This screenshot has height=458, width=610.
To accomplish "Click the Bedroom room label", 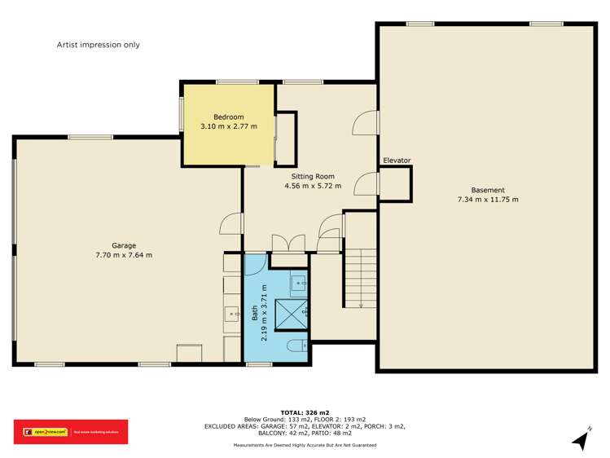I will (229, 117).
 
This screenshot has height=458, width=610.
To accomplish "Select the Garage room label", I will (124, 245).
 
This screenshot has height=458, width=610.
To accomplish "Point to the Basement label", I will (488, 190).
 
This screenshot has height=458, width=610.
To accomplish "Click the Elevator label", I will (397, 161).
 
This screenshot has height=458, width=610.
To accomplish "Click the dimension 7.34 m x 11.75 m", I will (488, 200).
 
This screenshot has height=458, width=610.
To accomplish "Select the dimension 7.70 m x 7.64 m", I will (124, 255).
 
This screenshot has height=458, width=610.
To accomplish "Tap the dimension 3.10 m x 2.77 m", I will (229, 126).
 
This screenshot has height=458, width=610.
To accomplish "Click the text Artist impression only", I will (99, 45).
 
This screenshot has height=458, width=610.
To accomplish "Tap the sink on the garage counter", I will (231, 311).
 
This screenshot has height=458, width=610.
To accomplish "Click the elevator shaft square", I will (396, 183).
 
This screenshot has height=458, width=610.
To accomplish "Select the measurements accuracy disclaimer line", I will (305, 445).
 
